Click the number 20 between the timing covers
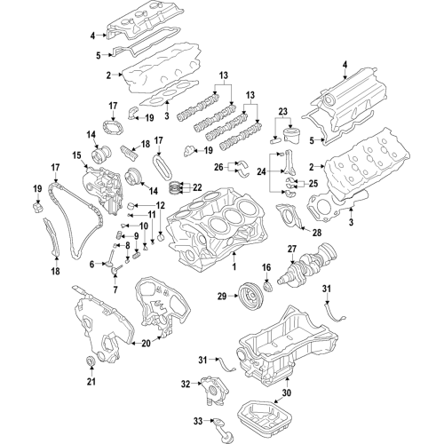[147, 344]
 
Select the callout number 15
[76, 157]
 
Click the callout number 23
[283, 112]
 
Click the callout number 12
[161, 206]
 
